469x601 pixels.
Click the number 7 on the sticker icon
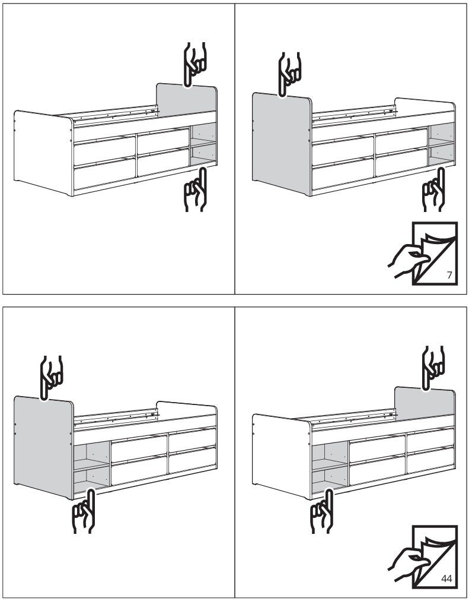(449, 275)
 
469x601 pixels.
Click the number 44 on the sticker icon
(446, 578)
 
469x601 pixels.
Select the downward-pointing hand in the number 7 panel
(289, 74)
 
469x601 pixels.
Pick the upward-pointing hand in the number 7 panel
(434, 189)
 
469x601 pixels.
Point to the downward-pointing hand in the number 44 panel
(433, 368)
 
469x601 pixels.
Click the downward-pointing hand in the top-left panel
(195, 64)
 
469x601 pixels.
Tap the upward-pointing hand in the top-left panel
(196, 189)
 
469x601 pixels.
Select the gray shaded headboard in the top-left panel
(186, 100)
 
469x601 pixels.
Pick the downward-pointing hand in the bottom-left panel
(51, 378)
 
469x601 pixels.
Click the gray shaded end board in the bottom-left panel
(44, 447)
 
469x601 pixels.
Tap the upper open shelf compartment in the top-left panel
(203, 133)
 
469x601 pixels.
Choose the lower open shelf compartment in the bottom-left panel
(91, 479)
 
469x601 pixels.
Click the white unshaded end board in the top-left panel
(43, 153)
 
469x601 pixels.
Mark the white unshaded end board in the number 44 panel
(282, 457)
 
